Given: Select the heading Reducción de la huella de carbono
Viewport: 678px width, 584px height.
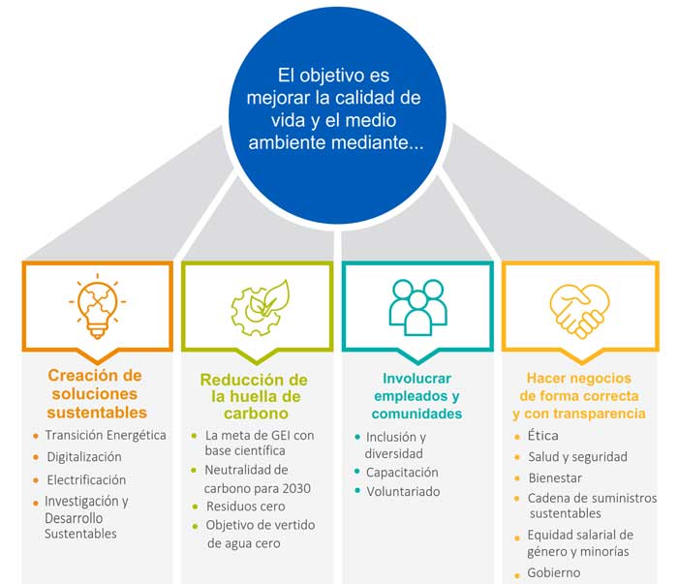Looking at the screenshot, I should pos(254,396).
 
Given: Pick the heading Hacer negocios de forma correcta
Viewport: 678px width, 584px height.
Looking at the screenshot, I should pos(579,395).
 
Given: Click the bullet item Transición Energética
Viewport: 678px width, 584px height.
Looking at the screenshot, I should pos(105,435).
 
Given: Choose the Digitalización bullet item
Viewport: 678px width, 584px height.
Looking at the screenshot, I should pos(83,456).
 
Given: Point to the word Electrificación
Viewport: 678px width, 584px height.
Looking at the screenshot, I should pos(86,479).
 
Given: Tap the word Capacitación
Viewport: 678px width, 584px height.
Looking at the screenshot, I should pos(402,472).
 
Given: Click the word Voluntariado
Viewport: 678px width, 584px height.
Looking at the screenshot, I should pos(403,491).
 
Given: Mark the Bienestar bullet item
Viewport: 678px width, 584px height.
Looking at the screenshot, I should pos(556,477).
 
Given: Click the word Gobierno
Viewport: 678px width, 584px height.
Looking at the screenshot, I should pos(554,572).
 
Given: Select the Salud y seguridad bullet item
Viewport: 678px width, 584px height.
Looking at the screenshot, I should pos(577,456).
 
